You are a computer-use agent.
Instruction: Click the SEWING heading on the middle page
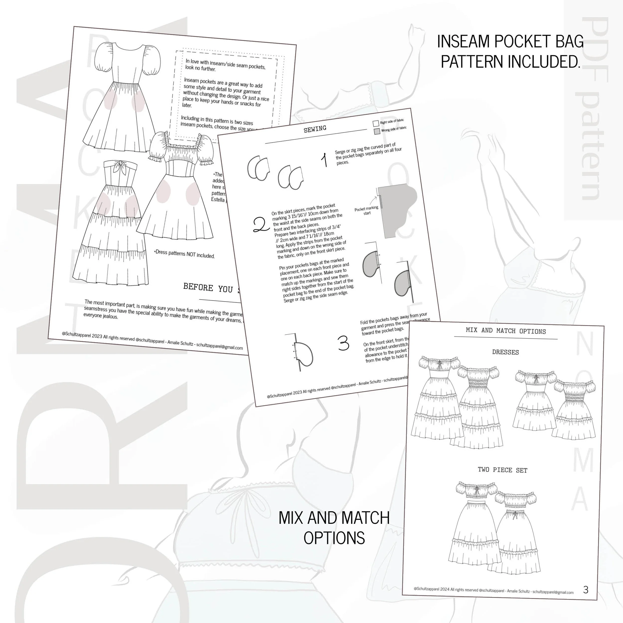coord(315,129)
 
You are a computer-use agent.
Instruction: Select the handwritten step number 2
coord(261,225)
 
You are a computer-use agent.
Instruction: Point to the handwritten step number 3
coord(343,343)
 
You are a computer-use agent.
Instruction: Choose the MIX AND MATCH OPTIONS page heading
coord(506,331)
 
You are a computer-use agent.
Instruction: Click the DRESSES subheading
coord(505,352)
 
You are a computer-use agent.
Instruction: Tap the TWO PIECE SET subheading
coord(502,470)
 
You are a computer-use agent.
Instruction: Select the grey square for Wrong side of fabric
coord(377,132)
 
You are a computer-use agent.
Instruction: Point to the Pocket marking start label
coord(366,211)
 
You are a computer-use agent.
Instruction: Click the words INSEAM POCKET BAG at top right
coord(510,42)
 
